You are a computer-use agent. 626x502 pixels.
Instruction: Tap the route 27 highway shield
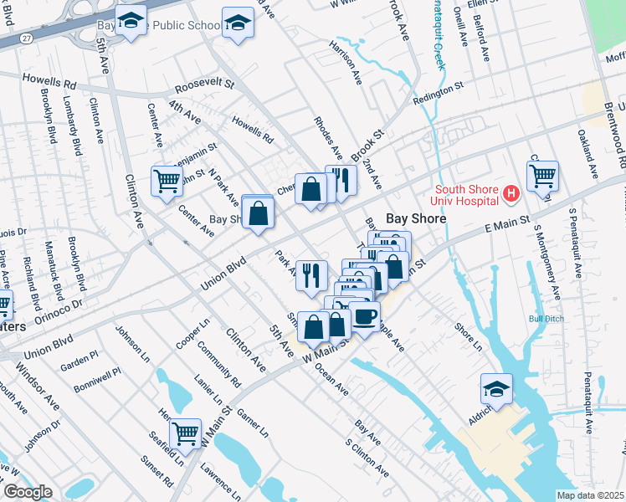coord(28,38)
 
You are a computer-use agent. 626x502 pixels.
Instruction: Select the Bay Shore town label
coord(416,218)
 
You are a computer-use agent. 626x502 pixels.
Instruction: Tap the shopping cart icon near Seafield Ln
coord(185,433)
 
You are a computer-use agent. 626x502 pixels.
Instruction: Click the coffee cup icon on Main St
coord(366,315)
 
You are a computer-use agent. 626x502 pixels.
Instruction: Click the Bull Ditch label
coord(546,319)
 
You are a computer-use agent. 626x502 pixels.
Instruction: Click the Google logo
coord(27,492)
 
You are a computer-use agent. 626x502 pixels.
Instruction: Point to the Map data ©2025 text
coord(590,495)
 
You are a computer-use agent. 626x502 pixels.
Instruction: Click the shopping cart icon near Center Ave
coord(167,180)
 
